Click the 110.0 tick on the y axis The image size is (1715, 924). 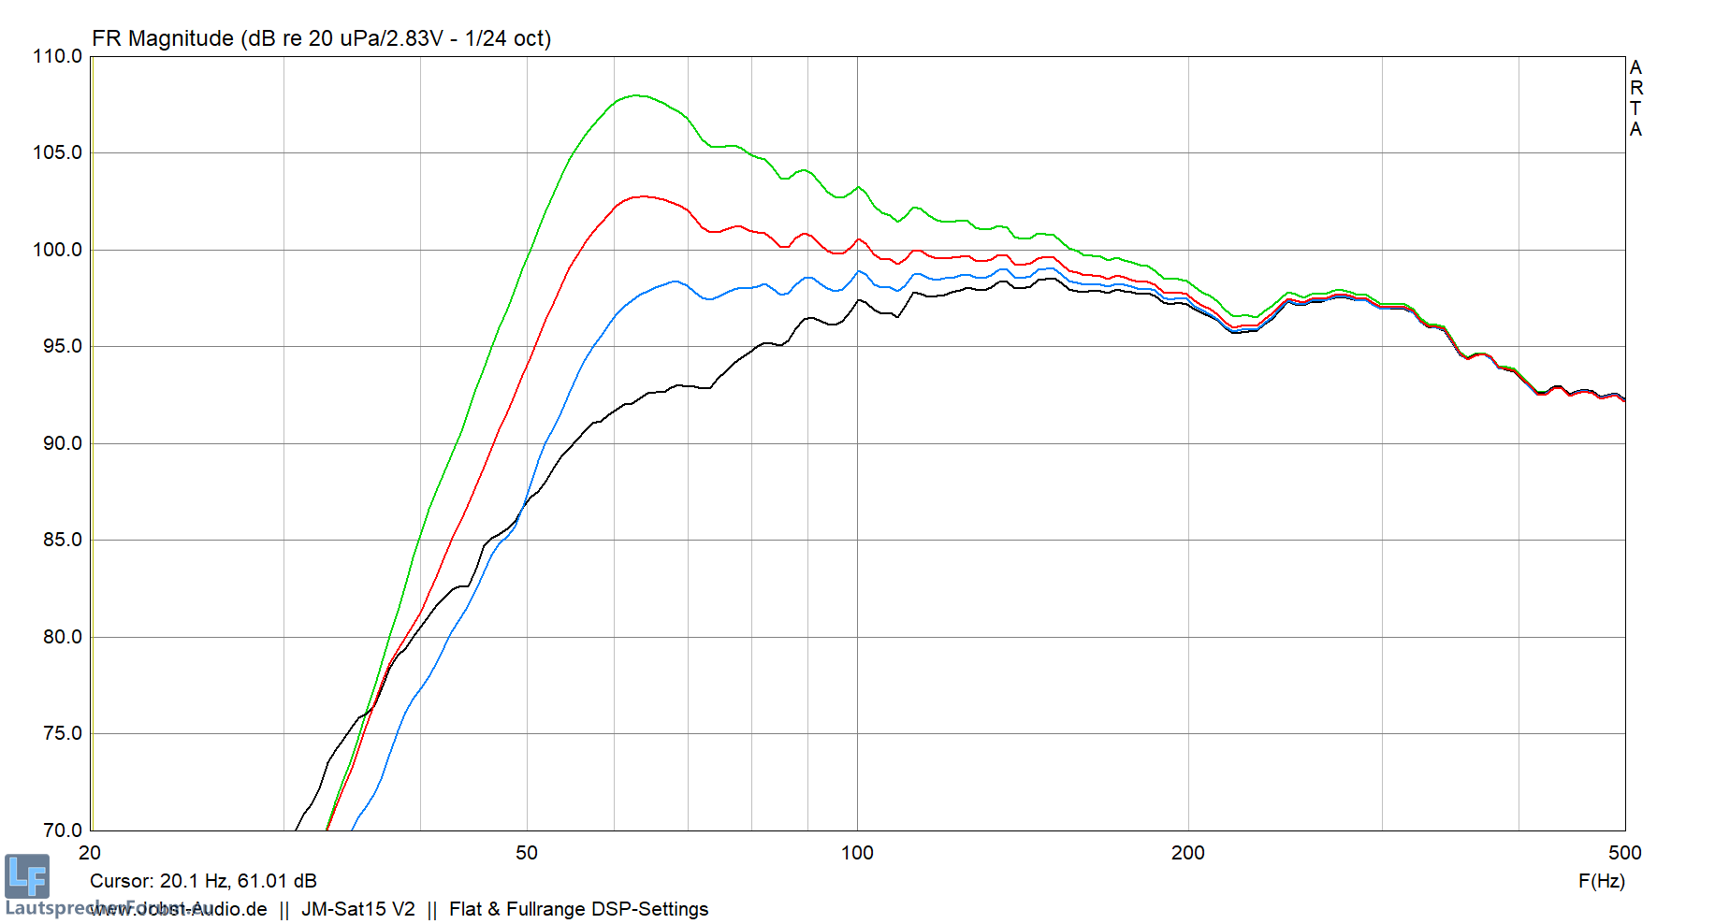pyautogui.click(x=57, y=56)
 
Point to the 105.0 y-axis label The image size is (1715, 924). pyautogui.click(x=57, y=152)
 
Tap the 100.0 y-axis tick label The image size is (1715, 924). pyautogui.click(x=57, y=250)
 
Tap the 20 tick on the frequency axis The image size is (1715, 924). pyautogui.click(x=90, y=853)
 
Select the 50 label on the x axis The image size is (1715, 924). pyautogui.click(x=527, y=853)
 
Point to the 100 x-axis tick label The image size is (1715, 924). pyautogui.click(x=857, y=853)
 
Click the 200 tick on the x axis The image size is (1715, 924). pyautogui.click(x=1188, y=853)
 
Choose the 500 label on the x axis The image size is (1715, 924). pyautogui.click(x=1624, y=853)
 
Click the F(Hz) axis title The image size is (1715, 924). pyautogui.click(x=1601, y=881)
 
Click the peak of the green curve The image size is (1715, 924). pyautogui.click(x=636, y=95)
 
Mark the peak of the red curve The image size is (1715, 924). pyautogui.click(x=643, y=196)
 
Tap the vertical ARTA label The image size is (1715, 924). pyautogui.click(x=1635, y=98)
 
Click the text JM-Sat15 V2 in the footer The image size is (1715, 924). pyautogui.click(x=358, y=909)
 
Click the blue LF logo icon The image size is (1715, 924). pyautogui.click(x=26, y=876)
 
